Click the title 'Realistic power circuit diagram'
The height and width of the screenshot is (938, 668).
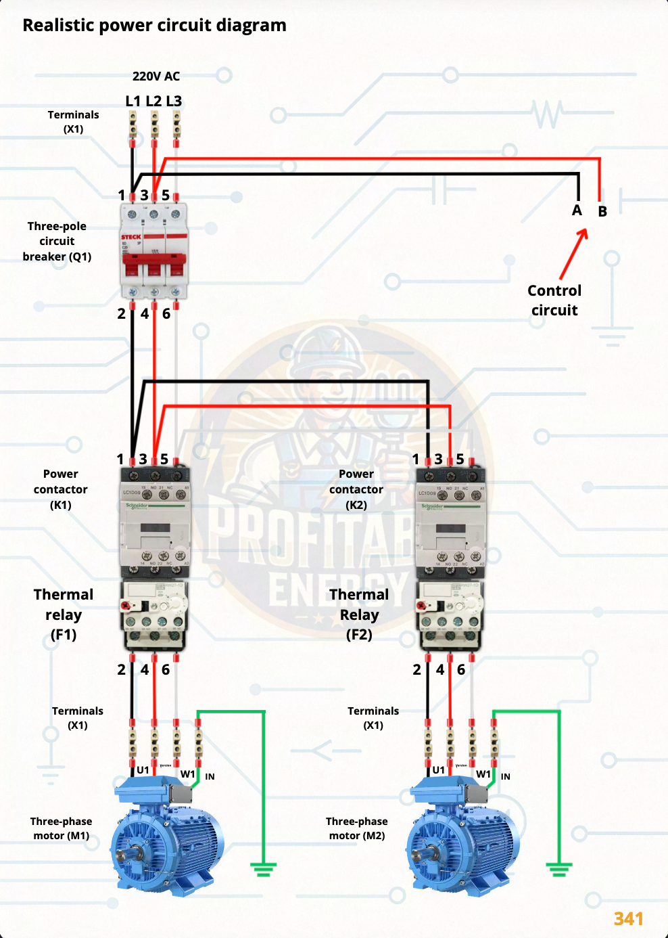[154, 26]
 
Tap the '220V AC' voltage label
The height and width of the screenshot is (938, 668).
[156, 76]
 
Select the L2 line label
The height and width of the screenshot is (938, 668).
[153, 102]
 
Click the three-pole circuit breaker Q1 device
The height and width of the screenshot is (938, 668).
[154, 250]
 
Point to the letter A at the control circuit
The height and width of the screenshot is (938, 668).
[577, 210]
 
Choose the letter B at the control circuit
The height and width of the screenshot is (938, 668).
[602, 212]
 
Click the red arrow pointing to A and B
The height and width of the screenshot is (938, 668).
[573, 254]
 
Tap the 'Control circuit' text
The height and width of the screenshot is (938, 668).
[554, 300]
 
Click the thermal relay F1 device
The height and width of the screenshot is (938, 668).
[154, 615]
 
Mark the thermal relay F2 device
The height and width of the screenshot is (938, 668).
[450, 615]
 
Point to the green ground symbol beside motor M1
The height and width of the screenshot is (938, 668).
[263, 868]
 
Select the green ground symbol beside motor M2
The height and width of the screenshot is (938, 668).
[558, 868]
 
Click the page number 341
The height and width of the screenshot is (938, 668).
[628, 919]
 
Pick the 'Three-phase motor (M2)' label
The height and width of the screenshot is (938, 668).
[357, 828]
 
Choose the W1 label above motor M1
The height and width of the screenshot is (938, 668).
[187, 774]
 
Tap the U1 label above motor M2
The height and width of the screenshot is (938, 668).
[439, 770]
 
